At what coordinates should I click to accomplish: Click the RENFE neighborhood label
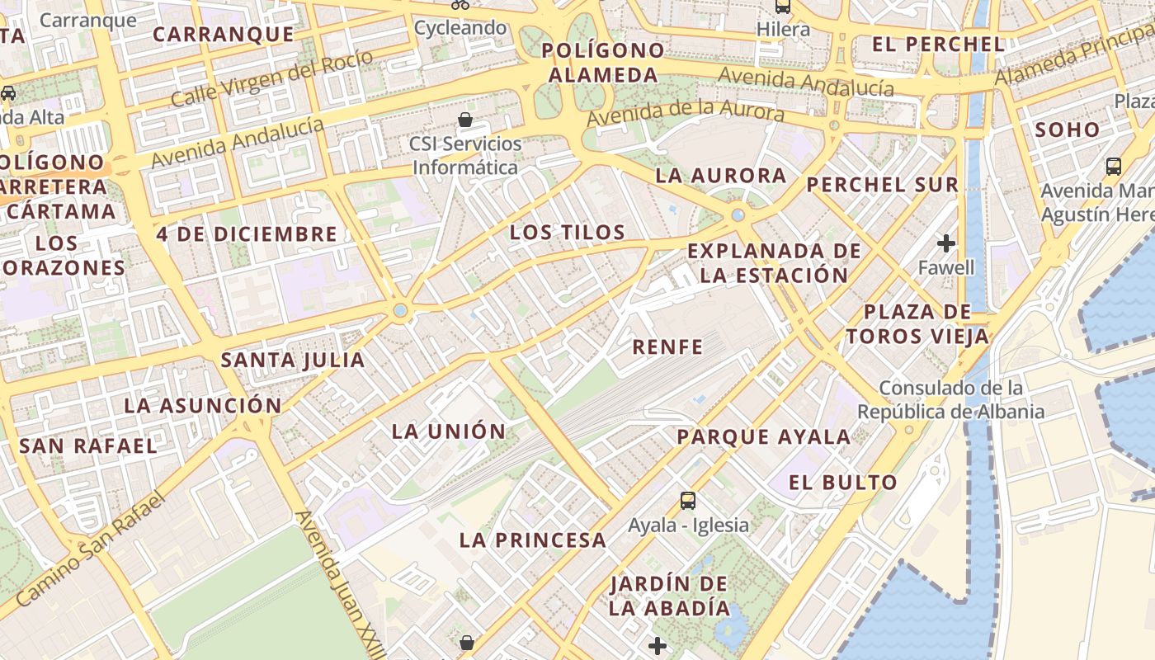667,346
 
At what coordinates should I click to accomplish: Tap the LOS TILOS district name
568,232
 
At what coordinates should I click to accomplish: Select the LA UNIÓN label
448,431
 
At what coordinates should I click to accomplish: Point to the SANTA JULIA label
293,360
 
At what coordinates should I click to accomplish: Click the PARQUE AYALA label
763,436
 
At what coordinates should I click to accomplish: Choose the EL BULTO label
842,483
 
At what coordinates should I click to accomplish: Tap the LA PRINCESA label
533,540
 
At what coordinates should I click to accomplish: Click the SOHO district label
1068,130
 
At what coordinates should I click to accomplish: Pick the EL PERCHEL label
938,45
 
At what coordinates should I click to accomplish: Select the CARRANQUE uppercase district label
224,34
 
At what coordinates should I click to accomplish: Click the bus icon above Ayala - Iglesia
688,500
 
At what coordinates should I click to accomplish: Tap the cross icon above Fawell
946,243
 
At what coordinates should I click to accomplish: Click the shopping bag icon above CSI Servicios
465,120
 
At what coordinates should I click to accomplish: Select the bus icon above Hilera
782,7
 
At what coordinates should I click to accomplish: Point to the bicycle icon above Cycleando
460,4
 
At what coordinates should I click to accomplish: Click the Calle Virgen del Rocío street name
272,78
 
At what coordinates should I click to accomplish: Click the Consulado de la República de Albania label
950,399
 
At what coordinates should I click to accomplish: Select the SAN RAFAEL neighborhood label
87,445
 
